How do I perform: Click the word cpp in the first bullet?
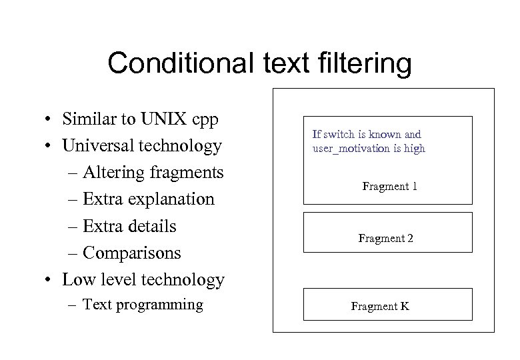[x=206, y=119]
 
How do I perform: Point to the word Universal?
[x=97, y=145]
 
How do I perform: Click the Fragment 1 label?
[x=389, y=186]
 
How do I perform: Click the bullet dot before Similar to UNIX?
[x=49, y=120]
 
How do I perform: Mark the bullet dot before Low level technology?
[x=49, y=281]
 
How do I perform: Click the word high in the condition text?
[x=414, y=148]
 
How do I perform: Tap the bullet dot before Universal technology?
[x=49, y=147]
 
